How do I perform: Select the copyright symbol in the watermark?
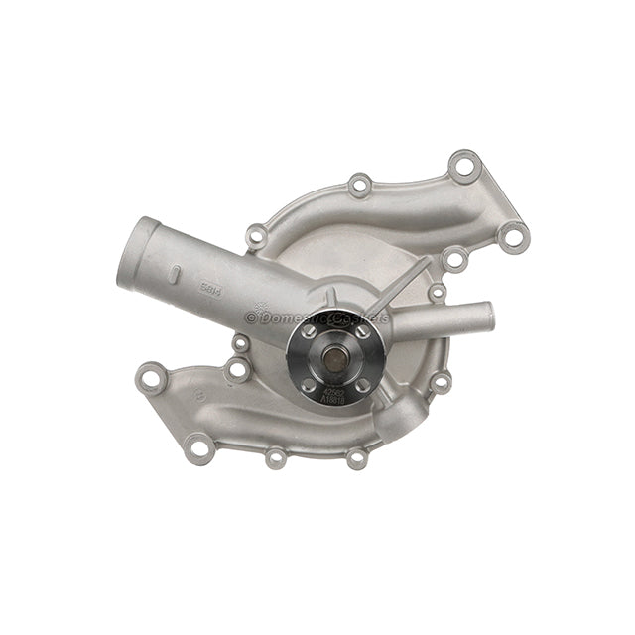point(251,317)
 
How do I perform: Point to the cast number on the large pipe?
point(209,291)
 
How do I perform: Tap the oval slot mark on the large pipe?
point(173,273)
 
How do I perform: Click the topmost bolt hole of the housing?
point(463,165)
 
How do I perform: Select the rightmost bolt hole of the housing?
point(512,236)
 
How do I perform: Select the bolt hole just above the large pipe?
point(257,236)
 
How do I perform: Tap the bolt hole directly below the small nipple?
point(442,380)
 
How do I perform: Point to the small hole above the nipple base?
point(437,292)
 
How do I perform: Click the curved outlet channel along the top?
point(417,208)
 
